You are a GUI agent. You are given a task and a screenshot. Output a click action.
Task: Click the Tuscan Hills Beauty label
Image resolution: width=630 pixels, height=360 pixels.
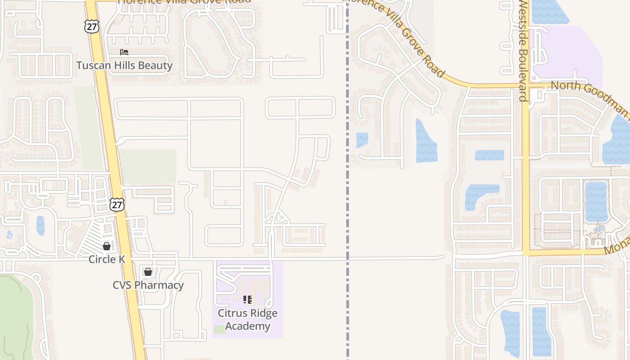(124, 65)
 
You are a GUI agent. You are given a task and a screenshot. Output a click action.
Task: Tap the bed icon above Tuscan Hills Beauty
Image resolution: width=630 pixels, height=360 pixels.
(124, 53)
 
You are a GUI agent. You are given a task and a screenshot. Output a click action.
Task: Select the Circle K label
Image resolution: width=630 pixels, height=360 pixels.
(107, 259)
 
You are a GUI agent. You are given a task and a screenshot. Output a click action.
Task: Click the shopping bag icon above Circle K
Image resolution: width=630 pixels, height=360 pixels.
(107, 246)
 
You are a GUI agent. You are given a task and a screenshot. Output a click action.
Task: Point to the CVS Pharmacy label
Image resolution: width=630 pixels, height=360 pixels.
(148, 285)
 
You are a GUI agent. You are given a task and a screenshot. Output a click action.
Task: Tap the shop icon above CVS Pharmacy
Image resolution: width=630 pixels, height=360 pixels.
(148, 272)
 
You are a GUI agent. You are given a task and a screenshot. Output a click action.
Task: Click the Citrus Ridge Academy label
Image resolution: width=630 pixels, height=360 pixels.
(247, 319)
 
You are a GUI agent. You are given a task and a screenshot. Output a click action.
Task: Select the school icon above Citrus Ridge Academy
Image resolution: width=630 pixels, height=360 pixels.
(247, 299)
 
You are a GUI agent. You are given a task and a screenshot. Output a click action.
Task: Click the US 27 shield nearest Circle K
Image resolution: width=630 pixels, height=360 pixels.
(117, 205)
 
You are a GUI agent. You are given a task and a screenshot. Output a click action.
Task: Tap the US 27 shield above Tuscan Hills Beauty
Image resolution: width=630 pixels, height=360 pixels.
(91, 27)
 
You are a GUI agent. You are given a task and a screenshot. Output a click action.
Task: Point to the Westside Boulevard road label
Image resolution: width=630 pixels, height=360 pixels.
(522, 50)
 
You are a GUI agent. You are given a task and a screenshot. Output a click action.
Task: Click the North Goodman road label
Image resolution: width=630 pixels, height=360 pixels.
(589, 97)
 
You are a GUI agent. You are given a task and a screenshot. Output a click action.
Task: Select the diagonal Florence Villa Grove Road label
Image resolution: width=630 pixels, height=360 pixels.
(396, 38)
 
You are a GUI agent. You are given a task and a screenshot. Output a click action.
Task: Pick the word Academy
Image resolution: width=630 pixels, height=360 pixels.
(247, 326)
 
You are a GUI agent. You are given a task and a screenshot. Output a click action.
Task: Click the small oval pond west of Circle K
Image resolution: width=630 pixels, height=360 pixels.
(40, 225)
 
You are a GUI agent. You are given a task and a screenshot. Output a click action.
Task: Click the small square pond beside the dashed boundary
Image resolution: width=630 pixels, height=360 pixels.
(362, 139)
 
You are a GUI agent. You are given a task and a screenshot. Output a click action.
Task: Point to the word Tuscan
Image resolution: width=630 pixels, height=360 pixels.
(92, 65)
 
